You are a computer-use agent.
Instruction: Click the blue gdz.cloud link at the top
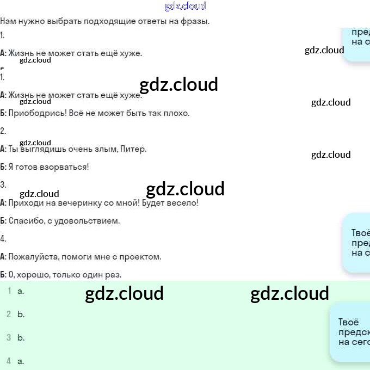(x=185, y=6)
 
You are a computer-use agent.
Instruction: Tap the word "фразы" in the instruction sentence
(x=196, y=21)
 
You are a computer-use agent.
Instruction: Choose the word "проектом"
(x=144, y=257)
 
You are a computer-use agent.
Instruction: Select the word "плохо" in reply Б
(x=177, y=113)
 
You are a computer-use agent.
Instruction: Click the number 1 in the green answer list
(x=9, y=291)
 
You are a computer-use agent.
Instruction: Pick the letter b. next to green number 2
(x=21, y=314)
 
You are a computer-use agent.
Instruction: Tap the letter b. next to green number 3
(x=21, y=338)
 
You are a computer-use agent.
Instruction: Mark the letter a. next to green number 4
(x=21, y=361)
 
